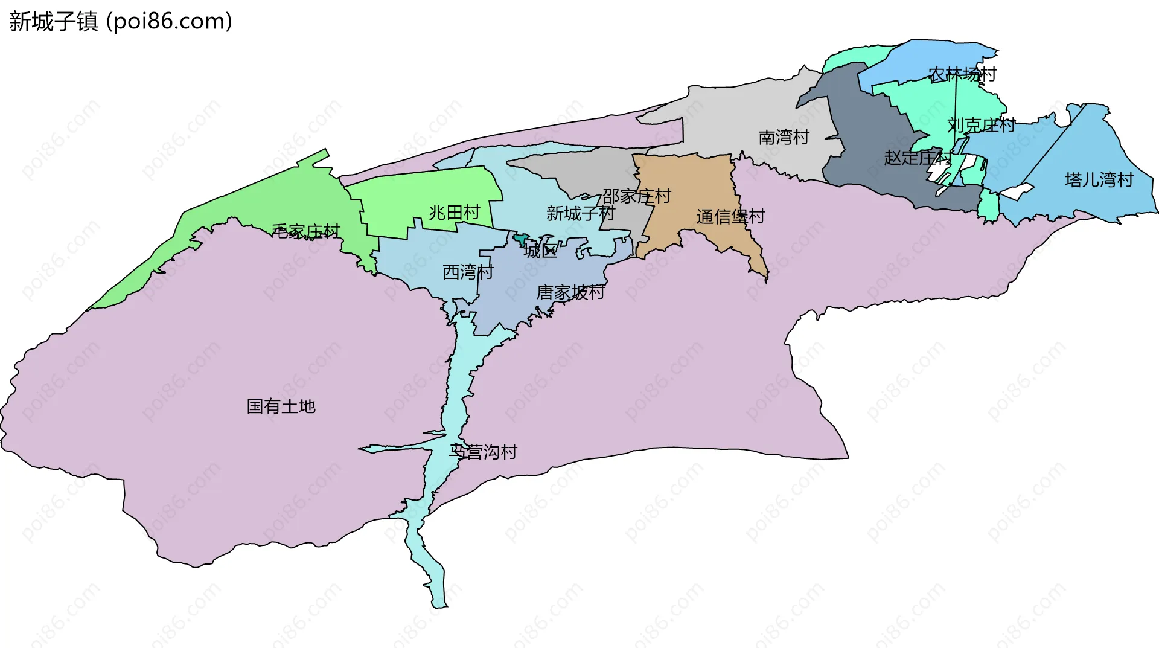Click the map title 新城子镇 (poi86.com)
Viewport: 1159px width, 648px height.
click(x=121, y=22)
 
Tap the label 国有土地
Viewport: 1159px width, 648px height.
click(x=281, y=406)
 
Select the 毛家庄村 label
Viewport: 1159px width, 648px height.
click(x=306, y=231)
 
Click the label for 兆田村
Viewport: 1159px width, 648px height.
click(x=455, y=213)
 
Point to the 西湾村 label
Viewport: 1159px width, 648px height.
click(x=468, y=272)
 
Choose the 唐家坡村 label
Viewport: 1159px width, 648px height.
click(x=571, y=292)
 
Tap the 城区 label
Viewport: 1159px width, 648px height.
click(x=541, y=251)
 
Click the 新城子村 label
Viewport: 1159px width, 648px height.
click(x=580, y=213)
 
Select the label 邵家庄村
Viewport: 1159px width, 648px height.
click(x=637, y=196)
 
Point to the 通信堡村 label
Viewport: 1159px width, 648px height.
click(x=730, y=216)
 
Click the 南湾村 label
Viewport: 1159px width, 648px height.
click(x=784, y=138)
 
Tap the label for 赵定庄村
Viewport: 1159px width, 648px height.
click(x=918, y=158)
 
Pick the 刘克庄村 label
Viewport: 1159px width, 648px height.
click(x=982, y=126)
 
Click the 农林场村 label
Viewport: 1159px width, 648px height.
click(x=962, y=75)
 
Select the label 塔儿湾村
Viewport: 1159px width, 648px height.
click(x=1099, y=180)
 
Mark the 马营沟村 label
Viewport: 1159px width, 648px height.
click(x=484, y=452)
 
